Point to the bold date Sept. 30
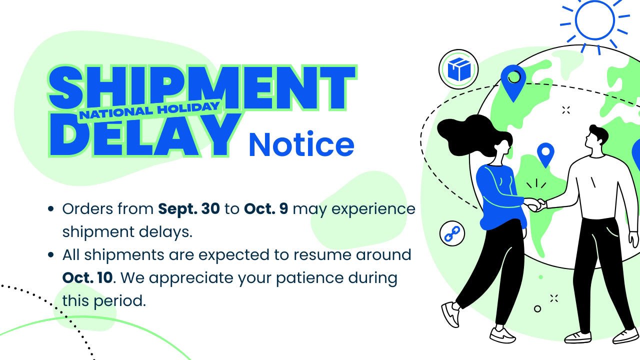click(x=189, y=208)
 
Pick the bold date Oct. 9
click(x=266, y=208)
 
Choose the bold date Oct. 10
click(x=87, y=277)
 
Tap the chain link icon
click(x=452, y=233)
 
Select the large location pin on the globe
click(x=513, y=80)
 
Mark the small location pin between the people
click(x=545, y=153)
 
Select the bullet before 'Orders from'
click(x=50, y=209)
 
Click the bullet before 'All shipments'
click(x=50, y=255)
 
